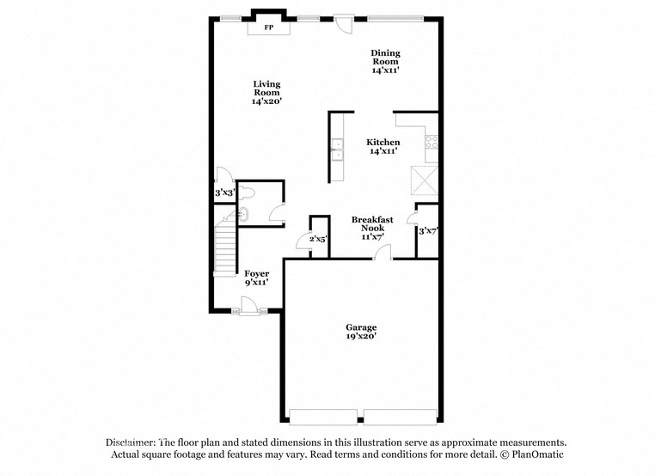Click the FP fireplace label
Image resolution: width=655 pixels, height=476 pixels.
268,28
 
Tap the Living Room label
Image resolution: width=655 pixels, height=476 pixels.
266,93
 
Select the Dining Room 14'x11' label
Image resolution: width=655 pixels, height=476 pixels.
385,61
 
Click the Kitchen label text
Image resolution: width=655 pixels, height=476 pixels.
383,143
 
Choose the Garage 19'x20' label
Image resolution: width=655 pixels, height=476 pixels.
361,333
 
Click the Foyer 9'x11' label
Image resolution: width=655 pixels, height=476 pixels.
256,278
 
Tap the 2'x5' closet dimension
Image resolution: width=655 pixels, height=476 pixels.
318,239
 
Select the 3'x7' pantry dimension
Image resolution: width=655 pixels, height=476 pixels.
427,230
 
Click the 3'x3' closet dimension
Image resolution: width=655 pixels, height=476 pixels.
224,193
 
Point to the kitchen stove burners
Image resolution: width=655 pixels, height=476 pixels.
432,142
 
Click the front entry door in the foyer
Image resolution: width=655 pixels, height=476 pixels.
249,306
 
